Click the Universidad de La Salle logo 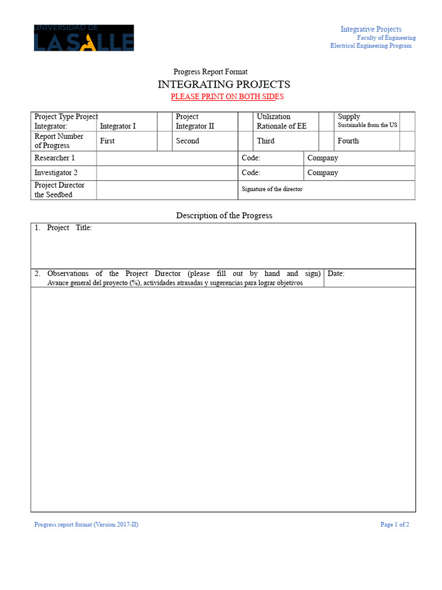(84, 37)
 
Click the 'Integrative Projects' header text (371, 29)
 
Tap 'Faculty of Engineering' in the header (386, 38)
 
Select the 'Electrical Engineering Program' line (371, 46)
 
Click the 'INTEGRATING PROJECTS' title (224, 84)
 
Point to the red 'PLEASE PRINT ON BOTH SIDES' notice (227, 97)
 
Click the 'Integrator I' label (118, 126)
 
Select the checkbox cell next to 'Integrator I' (165, 122)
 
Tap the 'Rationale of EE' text (281, 126)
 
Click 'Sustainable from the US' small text (367, 125)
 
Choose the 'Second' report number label (188, 141)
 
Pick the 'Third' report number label (265, 141)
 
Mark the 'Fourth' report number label (348, 141)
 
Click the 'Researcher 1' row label (55, 158)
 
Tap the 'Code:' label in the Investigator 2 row (251, 173)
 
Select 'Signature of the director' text (272, 189)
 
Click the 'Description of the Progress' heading (224, 215)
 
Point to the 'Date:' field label (336, 274)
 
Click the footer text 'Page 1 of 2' (395, 524)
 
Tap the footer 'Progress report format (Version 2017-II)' (86, 524)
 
